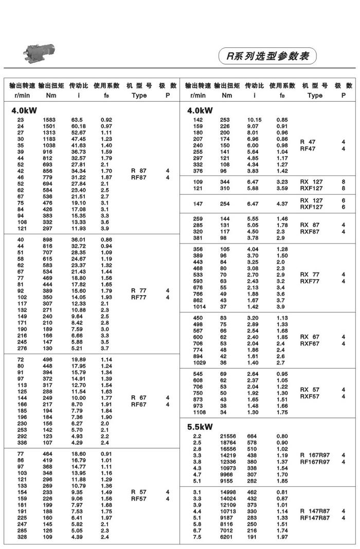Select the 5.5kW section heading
[200, 427]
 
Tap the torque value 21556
[227, 436]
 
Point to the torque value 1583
[49, 120]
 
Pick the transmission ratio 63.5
[78, 120]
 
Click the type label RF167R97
[316, 462]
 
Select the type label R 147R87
[315, 511]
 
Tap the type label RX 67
[310, 337]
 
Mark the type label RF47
[308, 149]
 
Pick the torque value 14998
[227, 492]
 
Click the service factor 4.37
[282, 204]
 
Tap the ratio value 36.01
[79, 240]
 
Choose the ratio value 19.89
[79, 359]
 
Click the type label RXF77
[310, 281]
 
